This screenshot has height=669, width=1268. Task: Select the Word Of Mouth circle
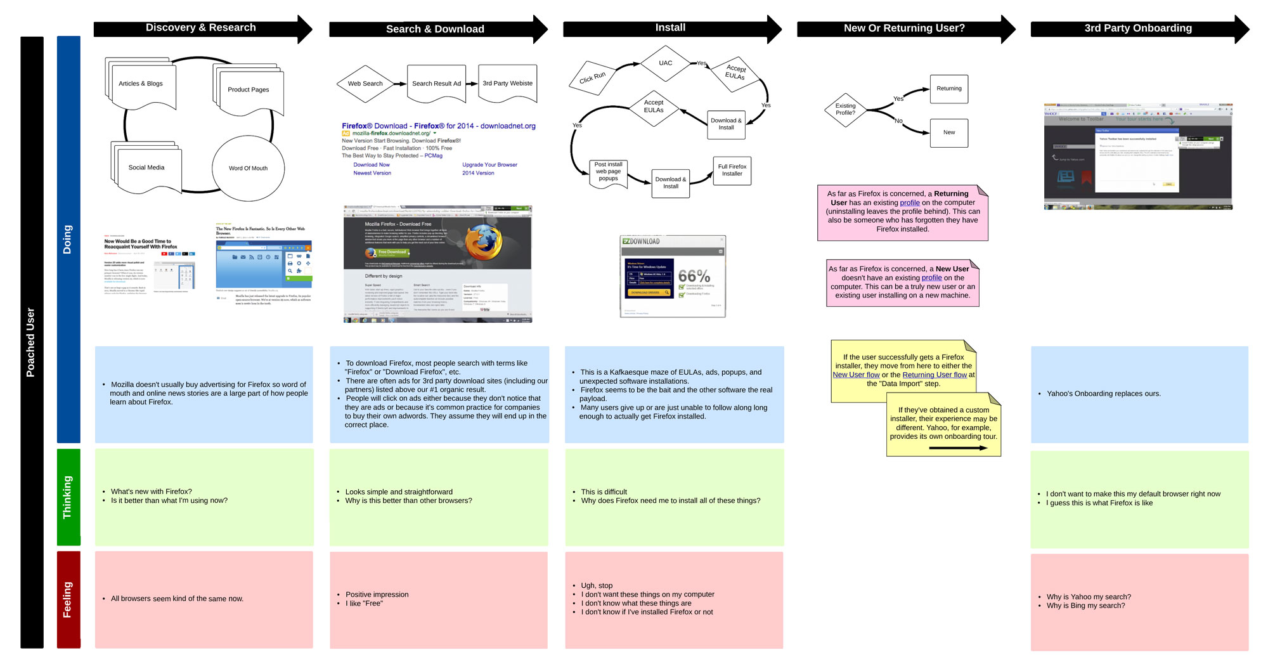click(248, 168)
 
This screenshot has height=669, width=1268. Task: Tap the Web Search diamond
click(365, 84)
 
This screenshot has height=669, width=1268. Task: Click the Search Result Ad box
click(436, 84)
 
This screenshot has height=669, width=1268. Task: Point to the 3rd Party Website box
click(507, 83)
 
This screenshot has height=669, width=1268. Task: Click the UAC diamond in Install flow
click(665, 63)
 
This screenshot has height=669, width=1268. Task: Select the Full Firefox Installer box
click(732, 170)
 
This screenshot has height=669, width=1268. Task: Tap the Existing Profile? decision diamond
click(845, 110)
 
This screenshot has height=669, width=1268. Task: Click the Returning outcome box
click(948, 89)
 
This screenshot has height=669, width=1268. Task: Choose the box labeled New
click(948, 133)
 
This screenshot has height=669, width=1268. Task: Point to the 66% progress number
click(694, 276)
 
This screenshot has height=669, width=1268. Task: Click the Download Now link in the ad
click(372, 165)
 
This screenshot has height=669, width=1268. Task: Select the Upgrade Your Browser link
click(489, 165)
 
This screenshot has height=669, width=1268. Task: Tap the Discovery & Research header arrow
click(202, 29)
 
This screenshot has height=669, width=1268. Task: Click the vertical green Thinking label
click(68, 497)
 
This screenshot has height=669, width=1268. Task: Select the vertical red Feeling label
click(68, 599)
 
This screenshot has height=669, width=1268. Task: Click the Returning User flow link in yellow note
click(935, 375)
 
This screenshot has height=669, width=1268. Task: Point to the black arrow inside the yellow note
click(957, 448)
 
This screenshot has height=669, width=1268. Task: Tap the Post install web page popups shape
click(608, 172)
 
